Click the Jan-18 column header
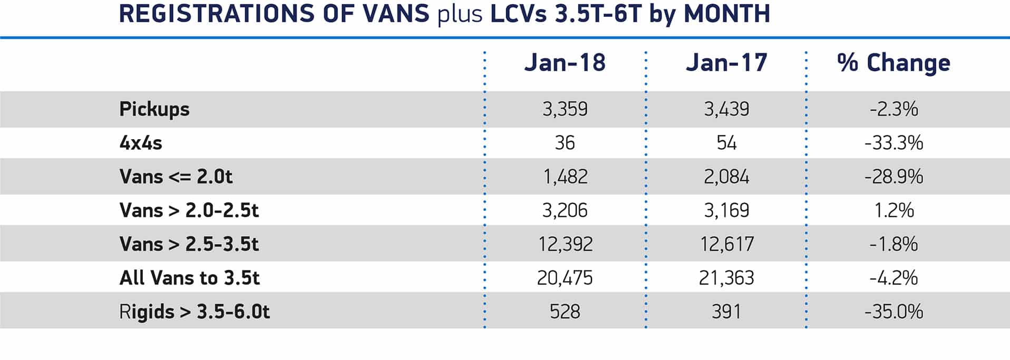(x=565, y=63)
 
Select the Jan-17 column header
(x=726, y=63)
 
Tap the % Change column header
(x=894, y=63)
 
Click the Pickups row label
(x=154, y=109)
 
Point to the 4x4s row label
(x=141, y=143)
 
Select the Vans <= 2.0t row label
(x=176, y=177)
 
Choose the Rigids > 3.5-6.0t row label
(x=195, y=312)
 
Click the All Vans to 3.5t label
(x=190, y=278)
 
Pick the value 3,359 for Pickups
(x=565, y=109)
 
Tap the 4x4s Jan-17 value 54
(x=726, y=143)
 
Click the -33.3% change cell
(x=894, y=143)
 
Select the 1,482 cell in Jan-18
(x=565, y=177)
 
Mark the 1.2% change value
(x=894, y=210)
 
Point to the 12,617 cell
(x=726, y=244)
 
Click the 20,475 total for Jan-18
(x=565, y=278)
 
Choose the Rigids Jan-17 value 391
(x=726, y=312)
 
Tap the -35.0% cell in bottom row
(x=894, y=312)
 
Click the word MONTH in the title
(x=727, y=14)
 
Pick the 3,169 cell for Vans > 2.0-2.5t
(x=726, y=210)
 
